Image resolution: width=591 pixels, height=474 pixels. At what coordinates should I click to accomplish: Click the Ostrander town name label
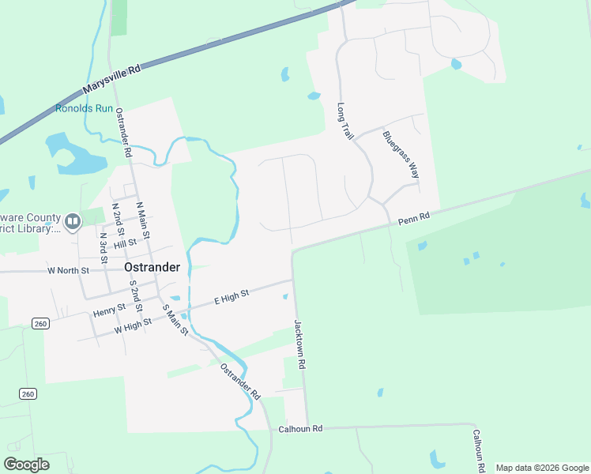tap(152, 267)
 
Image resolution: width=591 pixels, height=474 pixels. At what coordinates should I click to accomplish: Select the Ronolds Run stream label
tap(84, 108)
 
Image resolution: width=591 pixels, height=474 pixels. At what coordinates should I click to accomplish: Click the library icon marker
tap(73, 222)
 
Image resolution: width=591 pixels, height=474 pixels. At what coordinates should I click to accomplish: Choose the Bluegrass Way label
tap(400, 154)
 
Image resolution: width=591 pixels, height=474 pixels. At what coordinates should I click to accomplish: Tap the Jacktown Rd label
tap(299, 345)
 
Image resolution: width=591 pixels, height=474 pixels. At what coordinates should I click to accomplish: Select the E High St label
tap(232, 297)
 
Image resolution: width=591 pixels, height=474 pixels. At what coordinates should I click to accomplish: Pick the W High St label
tap(133, 324)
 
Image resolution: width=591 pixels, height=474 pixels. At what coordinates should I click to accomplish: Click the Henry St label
tap(109, 309)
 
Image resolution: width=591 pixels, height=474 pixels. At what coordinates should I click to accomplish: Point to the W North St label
tap(69, 270)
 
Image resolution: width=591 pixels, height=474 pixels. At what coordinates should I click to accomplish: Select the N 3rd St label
tap(103, 247)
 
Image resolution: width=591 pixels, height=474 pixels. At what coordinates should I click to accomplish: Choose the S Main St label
tap(175, 320)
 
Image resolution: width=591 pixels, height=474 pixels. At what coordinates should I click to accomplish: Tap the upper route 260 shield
tap(40, 323)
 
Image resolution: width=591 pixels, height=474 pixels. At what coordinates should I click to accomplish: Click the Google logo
tap(26, 465)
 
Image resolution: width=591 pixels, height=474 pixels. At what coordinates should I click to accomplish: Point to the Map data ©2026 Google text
tap(542, 468)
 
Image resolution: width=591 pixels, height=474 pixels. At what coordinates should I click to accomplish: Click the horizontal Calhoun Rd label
tap(301, 429)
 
